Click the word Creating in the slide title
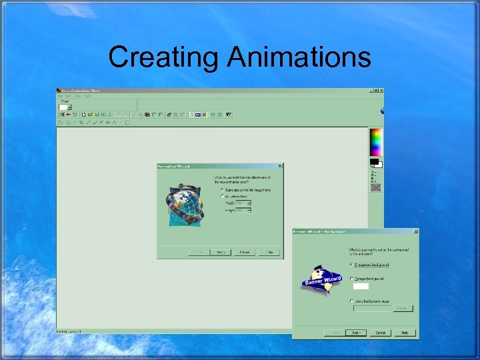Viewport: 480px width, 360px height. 163,57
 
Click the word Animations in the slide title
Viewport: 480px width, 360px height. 299,57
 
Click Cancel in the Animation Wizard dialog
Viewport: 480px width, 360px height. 245,252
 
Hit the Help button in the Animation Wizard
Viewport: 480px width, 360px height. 269,252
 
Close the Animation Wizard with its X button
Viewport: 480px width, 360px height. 280,165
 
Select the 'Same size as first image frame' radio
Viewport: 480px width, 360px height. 223,189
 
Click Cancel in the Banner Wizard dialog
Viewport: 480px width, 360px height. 380,332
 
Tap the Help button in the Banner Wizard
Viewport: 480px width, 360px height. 405,332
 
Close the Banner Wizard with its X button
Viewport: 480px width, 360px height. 416,231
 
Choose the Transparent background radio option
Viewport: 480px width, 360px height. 351,264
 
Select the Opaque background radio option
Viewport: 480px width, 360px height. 351,278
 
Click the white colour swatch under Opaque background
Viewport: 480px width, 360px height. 361,286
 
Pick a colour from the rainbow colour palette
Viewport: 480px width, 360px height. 377,141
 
